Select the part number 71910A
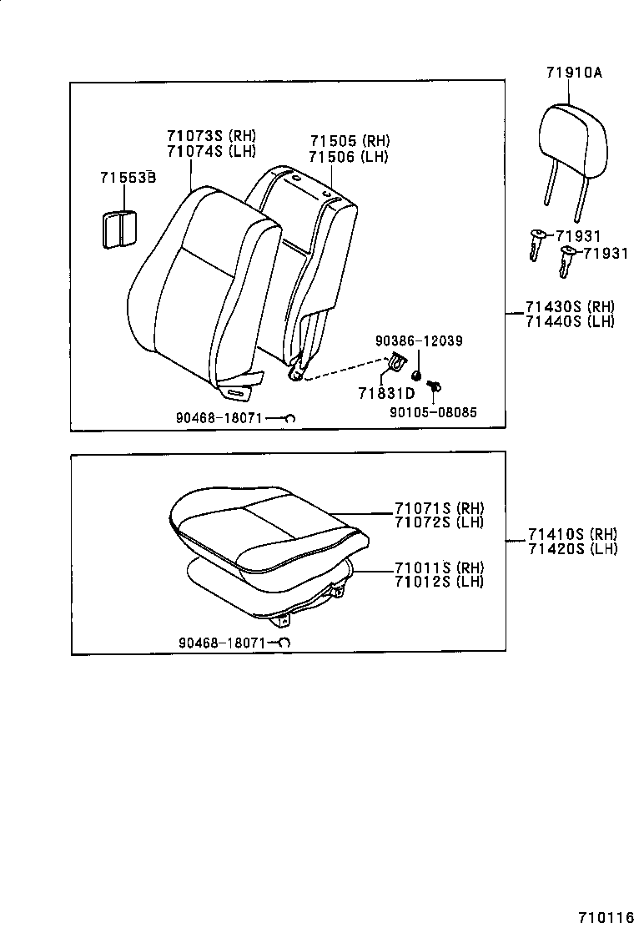pyautogui.click(x=574, y=73)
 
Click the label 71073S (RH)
pyautogui.click(x=211, y=137)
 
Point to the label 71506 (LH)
pyautogui.click(x=349, y=156)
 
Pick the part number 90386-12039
pyautogui.click(x=419, y=340)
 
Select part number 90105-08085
pyautogui.click(x=434, y=411)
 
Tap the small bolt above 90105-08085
pyautogui.click(x=434, y=386)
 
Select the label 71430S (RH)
pyautogui.click(x=570, y=307)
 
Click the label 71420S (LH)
pyautogui.click(x=571, y=548)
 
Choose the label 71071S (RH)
pyautogui.click(x=439, y=508)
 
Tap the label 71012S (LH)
pyautogui.click(x=439, y=582)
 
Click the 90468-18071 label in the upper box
pyautogui.click(x=218, y=418)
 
